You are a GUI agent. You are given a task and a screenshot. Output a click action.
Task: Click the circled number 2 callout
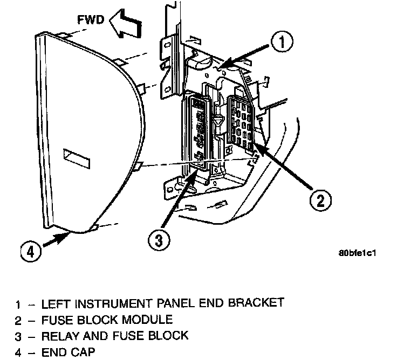click(320, 200)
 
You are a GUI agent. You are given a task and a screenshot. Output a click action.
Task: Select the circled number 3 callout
click(157, 240)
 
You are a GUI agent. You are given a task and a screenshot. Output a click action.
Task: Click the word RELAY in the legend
click(59, 336)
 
